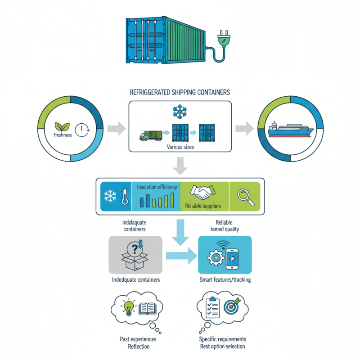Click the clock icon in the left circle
[80, 130]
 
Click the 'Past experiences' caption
[135, 339]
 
